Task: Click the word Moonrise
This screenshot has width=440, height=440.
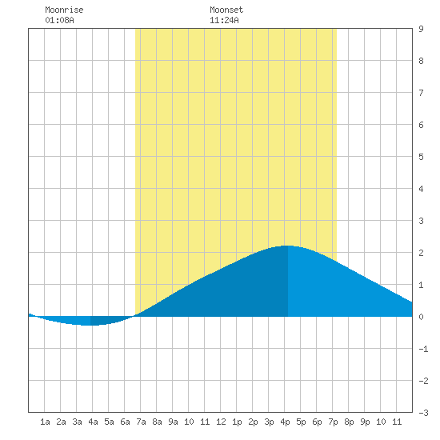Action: click(64, 10)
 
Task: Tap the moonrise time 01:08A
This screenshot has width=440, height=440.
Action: click(59, 20)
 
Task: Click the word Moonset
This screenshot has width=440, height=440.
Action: click(226, 10)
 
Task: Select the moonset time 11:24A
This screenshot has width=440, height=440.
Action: click(224, 20)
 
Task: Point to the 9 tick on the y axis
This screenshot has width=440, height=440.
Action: click(421, 29)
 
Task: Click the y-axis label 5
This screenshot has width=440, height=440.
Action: click(421, 157)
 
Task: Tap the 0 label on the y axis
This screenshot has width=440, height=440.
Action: click(421, 317)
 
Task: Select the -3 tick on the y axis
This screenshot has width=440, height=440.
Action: click(423, 413)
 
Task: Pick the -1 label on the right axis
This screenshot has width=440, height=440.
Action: click(423, 349)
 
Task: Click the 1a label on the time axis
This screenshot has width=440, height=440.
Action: click(45, 422)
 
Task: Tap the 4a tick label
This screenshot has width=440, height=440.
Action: click(93, 422)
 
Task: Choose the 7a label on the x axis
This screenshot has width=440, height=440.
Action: click(141, 422)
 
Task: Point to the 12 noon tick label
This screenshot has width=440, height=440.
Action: click(221, 422)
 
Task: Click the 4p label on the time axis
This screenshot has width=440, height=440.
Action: click(285, 422)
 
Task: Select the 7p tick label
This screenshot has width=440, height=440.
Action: click(333, 422)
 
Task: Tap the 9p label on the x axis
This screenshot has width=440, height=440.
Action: click(365, 422)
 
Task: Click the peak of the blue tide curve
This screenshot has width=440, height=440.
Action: click(288, 246)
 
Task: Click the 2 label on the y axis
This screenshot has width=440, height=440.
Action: click(421, 253)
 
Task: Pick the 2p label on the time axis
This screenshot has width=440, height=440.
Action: click(253, 422)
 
